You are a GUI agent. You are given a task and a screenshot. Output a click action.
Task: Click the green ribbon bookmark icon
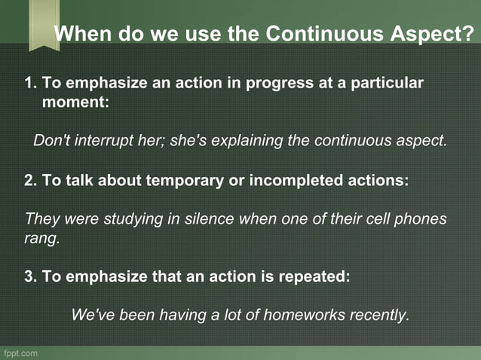click(x=44, y=24)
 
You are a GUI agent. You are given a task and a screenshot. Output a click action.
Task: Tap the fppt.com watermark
click(x=20, y=352)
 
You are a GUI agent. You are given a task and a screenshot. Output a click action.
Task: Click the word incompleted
click(x=276, y=181)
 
